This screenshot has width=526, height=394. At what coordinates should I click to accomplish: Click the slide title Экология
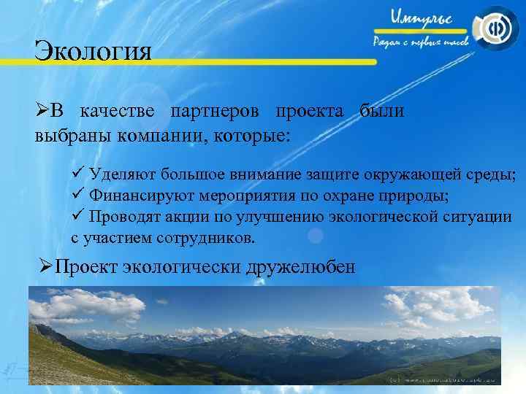93,53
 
